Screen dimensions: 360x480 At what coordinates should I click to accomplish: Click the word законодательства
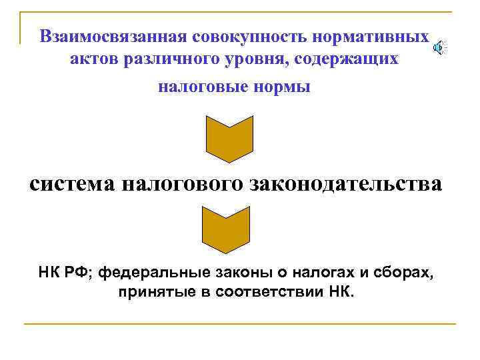(346, 183)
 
